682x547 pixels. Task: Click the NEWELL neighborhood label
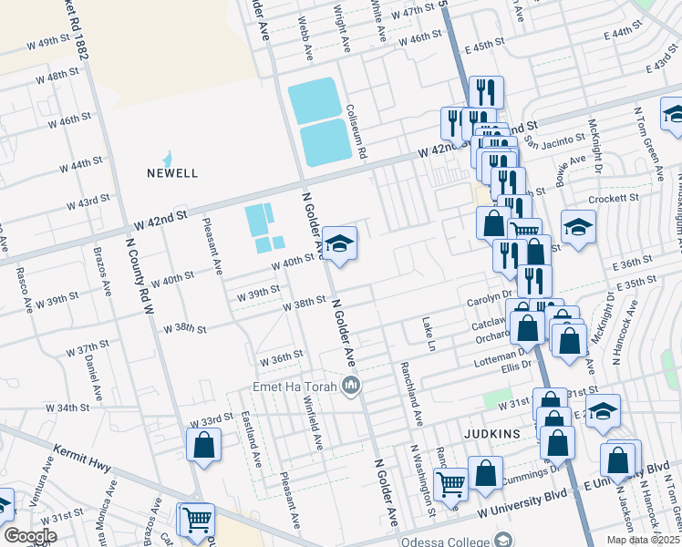[172, 172]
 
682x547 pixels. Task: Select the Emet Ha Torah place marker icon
[352, 387]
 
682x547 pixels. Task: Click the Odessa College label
[466, 538]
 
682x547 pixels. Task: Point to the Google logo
[30, 535]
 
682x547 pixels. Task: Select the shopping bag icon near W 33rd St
[203, 446]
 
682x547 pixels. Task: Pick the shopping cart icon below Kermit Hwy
[195, 520]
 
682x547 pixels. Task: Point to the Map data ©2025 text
[644, 540]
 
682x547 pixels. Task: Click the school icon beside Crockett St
[577, 227]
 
